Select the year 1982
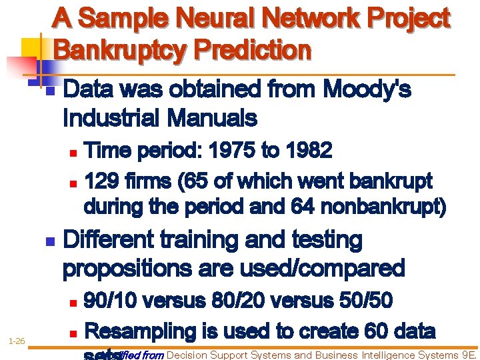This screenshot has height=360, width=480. pos(307,151)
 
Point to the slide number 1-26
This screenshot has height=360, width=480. pos(17,341)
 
